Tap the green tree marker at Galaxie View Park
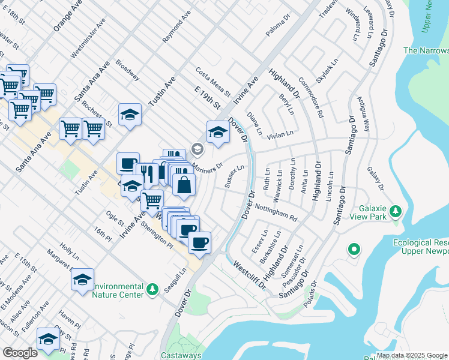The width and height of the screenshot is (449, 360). tap(396, 211)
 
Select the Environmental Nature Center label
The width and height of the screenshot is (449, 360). tap(118, 290)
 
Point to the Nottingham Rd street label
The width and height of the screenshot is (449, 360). tap(276, 211)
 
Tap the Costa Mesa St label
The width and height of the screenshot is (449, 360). tap(212, 82)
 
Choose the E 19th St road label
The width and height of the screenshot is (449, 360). tap(208, 97)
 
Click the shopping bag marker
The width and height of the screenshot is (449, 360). tap(184, 186)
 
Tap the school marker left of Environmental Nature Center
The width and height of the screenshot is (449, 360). tap(83, 279)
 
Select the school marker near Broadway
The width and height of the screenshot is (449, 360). tap(130, 115)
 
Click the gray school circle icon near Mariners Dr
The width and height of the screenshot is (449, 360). tap(196, 148)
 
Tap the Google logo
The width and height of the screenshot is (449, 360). tap(20, 353)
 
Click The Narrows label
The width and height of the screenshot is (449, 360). tap(426, 51)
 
